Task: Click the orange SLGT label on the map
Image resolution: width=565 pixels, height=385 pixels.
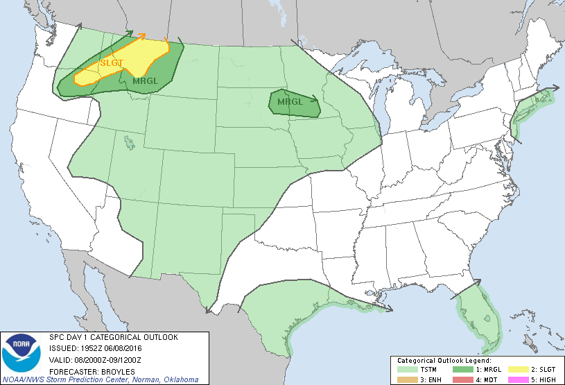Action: click(x=112, y=63)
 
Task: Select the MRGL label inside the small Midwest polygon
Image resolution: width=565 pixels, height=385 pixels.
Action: click(x=290, y=103)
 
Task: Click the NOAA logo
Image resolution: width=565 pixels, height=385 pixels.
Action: click(x=21, y=354)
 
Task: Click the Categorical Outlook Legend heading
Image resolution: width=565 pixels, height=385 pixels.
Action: click(x=444, y=361)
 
